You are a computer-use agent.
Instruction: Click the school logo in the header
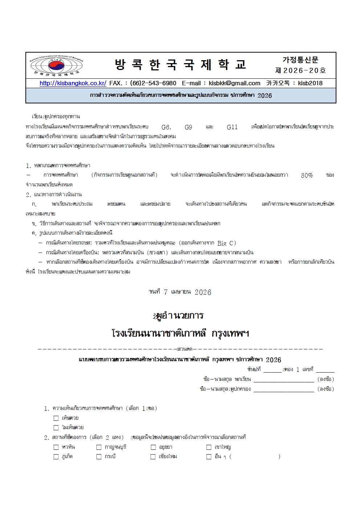point(56,65)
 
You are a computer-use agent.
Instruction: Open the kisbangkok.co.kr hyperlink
point(73,83)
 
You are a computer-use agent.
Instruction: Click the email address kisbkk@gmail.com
point(234,83)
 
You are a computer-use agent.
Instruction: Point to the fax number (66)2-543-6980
point(153,83)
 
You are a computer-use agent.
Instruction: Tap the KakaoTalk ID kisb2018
point(310,83)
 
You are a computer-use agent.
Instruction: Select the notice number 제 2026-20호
point(300,70)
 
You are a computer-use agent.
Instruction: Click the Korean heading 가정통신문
point(300,60)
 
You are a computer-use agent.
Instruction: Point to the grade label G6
point(166,127)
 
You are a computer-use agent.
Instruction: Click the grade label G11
point(232,127)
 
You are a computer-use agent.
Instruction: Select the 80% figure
point(307,175)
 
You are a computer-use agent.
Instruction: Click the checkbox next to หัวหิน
point(56,447)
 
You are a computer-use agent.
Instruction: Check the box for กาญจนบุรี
point(99,447)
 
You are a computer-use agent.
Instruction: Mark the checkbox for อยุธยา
point(153,447)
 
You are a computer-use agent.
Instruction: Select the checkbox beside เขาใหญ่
point(209,447)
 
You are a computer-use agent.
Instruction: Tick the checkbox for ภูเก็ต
point(56,457)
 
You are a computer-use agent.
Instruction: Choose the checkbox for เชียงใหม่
point(153,457)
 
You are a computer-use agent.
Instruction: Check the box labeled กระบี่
point(99,457)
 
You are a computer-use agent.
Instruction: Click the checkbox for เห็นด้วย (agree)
point(56,418)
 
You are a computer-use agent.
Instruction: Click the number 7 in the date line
point(165,292)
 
